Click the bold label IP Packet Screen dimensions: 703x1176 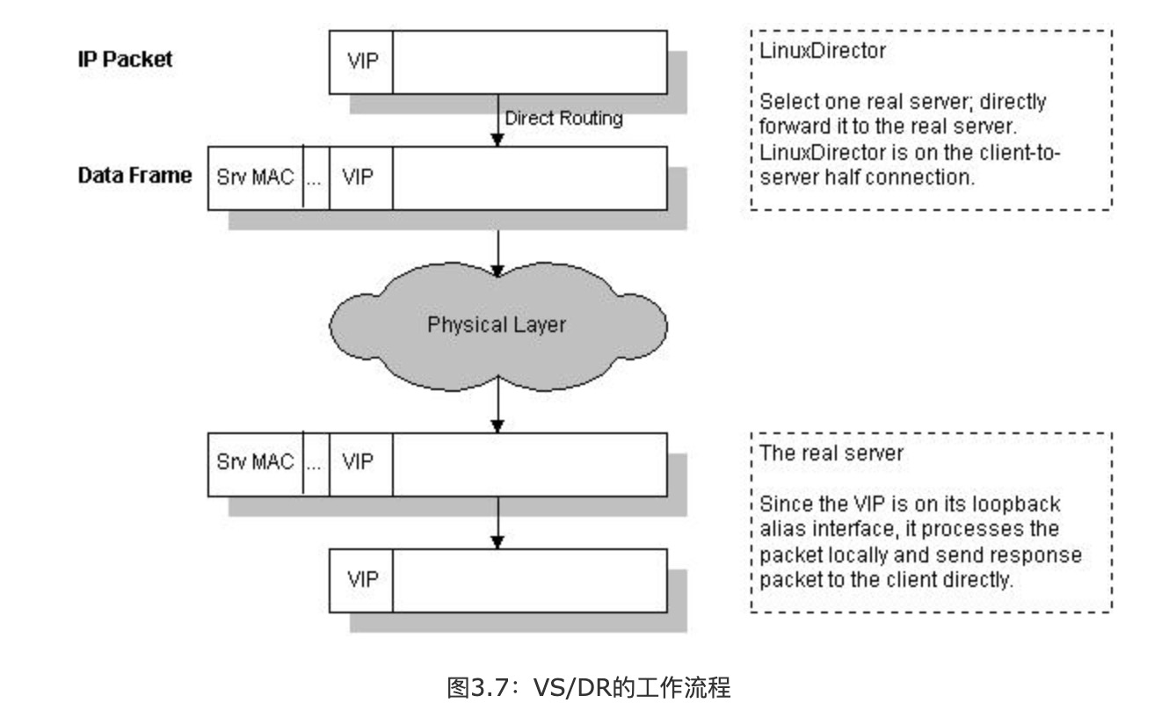124,60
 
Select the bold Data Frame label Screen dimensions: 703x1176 134,175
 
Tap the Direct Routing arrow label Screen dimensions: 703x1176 563,119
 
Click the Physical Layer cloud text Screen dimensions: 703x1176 497,324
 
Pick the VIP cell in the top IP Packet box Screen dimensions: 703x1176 361,62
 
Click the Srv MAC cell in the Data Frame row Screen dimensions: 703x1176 255,178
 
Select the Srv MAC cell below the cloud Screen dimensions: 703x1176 255,462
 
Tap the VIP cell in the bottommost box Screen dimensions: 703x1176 361,579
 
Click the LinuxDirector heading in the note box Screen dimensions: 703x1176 822,50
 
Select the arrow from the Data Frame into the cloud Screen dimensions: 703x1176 497,252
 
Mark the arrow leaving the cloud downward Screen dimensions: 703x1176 497,406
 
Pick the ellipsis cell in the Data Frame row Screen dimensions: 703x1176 316,178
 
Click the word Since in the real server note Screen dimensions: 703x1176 781,505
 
